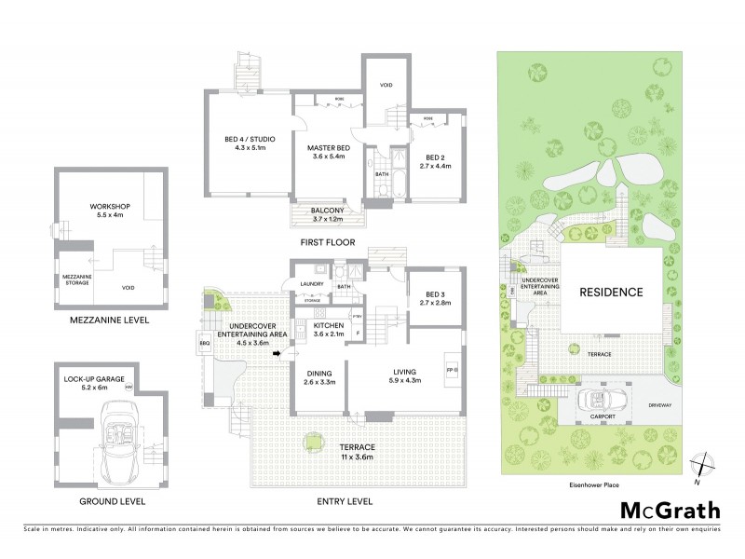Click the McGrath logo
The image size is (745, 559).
(x=669, y=510)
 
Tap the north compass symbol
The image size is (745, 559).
(x=704, y=466)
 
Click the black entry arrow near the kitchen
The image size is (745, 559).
(x=277, y=354)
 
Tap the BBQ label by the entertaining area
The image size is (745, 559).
(x=204, y=344)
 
